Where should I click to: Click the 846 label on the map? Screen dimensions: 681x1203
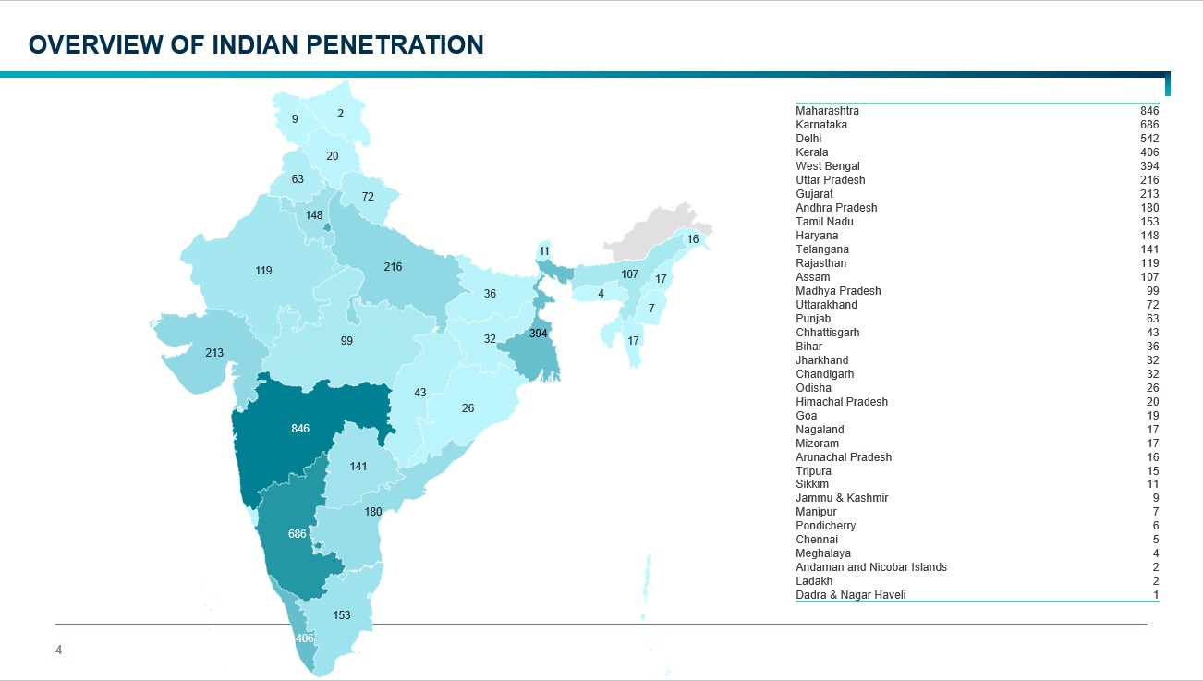click(x=300, y=429)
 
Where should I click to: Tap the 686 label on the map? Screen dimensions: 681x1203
click(x=298, y=534)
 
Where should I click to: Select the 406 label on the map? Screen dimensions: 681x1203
click(x=305, y=638)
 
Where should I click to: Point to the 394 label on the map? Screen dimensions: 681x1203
click(x=539, y=333)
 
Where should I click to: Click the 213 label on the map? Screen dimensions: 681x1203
click(x=214, y=352)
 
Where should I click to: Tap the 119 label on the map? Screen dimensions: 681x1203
click(x=263, y=271)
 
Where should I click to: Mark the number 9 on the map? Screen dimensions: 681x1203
click(x=295, y=119)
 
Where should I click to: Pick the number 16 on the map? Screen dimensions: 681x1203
click(x=692, y=239)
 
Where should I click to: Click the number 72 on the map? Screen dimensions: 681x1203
click(x=368, y=197)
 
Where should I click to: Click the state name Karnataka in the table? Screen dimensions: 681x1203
click(x=821, y=125)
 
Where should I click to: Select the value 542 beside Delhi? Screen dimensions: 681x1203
click(x=1148, y=139)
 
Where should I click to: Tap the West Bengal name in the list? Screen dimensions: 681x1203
click(x=828, y=166)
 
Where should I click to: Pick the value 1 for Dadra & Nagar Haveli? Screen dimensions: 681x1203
click(x=1155, y=595)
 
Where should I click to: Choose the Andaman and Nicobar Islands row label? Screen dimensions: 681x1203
click(x=871, y=567)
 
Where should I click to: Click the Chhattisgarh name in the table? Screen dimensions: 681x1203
click(x=828, y=333)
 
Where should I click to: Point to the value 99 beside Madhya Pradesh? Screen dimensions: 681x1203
click(x=1152, y=291)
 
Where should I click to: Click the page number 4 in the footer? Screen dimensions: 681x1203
click(x=59, y=651)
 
